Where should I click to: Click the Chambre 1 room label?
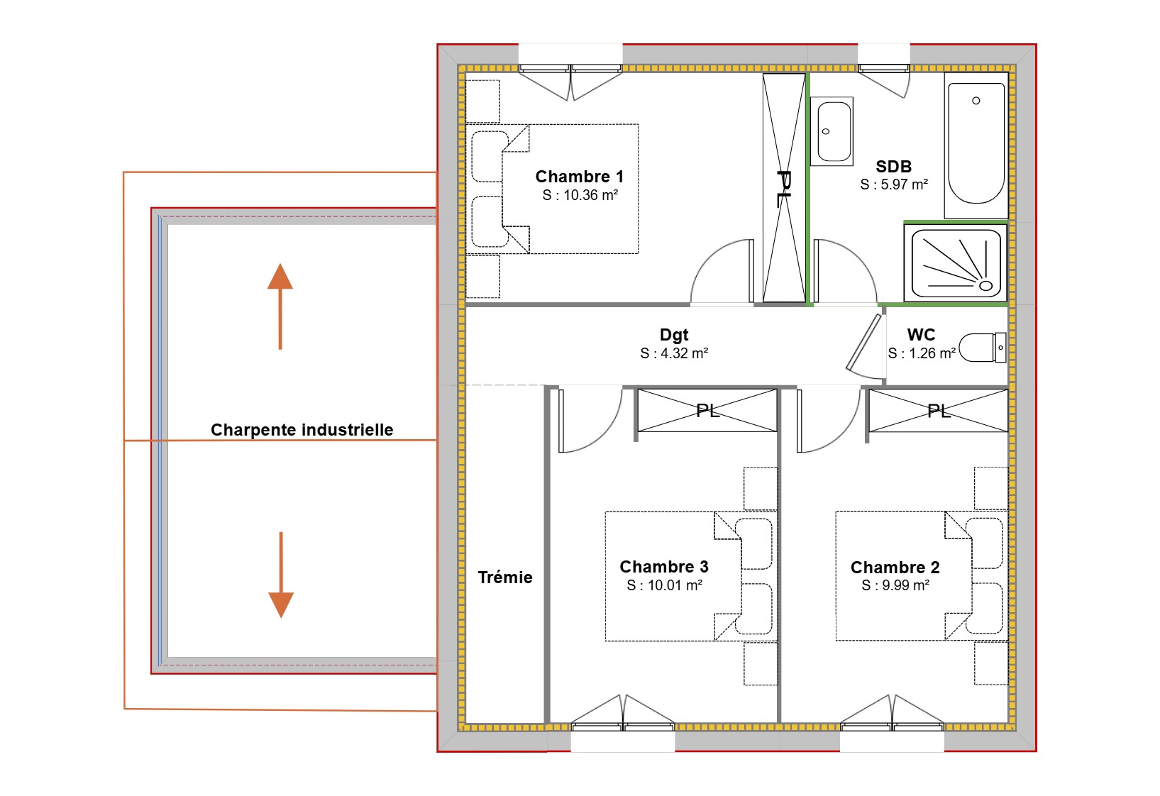[579, 177]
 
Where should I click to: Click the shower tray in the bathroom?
[956, 262]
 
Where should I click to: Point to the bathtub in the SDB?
[976, 145]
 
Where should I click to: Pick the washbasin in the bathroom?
[834, 132]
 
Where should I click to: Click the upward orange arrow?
[280, 305]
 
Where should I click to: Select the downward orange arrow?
[281, 575]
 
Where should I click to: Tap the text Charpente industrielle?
[302, 430]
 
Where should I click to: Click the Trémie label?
[504, 577]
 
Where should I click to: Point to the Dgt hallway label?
[674, 335]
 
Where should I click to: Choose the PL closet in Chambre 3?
[707, 410]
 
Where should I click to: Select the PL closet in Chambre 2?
[938, 410]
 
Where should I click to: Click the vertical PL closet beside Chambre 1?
[784, 188]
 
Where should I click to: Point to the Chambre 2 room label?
[895, 568]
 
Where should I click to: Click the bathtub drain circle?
[976, 101]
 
